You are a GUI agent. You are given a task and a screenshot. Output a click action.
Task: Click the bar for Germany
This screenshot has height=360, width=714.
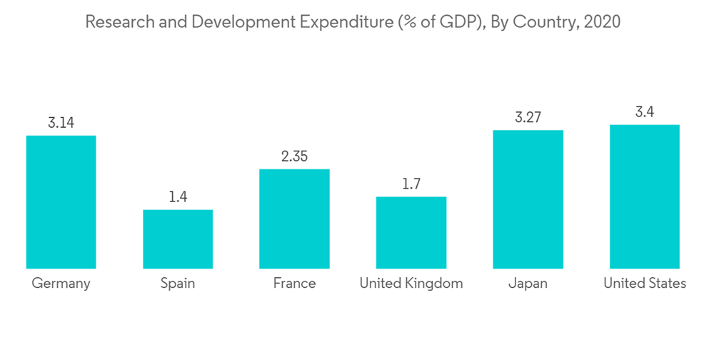point(61,202)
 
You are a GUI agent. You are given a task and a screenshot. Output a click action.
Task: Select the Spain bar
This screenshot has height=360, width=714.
point(178,239)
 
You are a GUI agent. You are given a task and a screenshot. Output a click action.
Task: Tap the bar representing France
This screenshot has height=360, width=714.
point(294,219)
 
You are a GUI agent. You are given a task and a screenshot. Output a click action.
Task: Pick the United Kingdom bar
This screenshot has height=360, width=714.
point(411,233)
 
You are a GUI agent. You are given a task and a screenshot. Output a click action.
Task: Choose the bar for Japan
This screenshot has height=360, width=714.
point(528,199)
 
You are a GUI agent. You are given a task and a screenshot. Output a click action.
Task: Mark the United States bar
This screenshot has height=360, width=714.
point(645,196)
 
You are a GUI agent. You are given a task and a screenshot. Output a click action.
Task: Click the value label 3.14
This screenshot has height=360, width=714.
point(61,123)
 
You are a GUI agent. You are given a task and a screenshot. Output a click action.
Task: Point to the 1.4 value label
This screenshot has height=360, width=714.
point(178,197)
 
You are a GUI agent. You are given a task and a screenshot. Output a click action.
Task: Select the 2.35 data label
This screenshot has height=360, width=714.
point(294,156)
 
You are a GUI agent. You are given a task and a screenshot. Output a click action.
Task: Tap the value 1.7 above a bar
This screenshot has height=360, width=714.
point(411,184)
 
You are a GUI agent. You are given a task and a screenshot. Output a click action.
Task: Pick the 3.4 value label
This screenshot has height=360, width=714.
point(645,112)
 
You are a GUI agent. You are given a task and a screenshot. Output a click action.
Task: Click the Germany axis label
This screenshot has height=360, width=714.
point(61,284)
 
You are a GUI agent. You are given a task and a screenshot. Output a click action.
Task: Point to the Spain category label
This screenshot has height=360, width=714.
point(178,284)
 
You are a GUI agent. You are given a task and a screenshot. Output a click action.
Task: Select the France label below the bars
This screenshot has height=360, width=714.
point(294,284)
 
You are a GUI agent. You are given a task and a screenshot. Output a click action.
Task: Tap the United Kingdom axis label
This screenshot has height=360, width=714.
point(411,284)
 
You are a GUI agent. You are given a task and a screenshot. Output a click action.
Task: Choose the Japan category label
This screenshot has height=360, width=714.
point(528,284)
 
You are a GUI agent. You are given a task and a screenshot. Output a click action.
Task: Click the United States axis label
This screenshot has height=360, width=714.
point(645,284)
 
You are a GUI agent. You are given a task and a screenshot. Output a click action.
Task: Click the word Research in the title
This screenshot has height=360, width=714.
point(115,22)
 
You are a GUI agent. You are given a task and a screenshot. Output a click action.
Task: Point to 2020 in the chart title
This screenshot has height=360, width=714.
point(601,22)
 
